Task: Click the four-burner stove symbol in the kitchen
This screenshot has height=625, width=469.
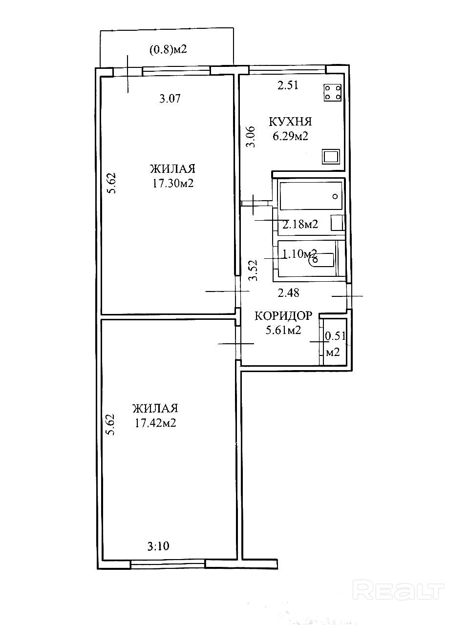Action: [332, 93]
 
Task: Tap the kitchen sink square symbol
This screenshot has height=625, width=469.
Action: [331, 157]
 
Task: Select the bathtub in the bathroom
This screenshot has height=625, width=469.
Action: [311, 196]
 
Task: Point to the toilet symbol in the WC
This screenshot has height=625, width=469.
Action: [323, 260]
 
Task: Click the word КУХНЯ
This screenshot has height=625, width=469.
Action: [291, 122]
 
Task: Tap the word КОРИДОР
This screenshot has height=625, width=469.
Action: [283, 316]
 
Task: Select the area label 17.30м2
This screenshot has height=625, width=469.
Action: [173, 183]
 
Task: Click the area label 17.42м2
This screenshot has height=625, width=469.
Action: [155, 423]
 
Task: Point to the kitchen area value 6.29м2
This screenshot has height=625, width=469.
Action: [291, 136]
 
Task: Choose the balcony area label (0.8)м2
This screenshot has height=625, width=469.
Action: [168, 50]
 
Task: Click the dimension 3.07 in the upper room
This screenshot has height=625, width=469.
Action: [170, 99]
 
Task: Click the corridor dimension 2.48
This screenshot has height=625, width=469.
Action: [288, 292]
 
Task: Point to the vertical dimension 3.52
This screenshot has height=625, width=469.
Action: [253, 270]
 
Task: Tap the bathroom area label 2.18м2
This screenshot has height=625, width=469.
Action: [300, 225]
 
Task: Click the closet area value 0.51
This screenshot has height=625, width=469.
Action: [335, 336]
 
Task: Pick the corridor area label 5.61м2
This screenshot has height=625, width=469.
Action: [283, 330]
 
